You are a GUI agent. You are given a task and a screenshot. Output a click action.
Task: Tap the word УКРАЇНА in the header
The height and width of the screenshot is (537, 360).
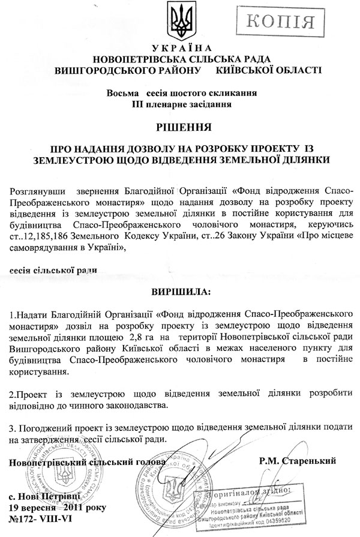point(179,49)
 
